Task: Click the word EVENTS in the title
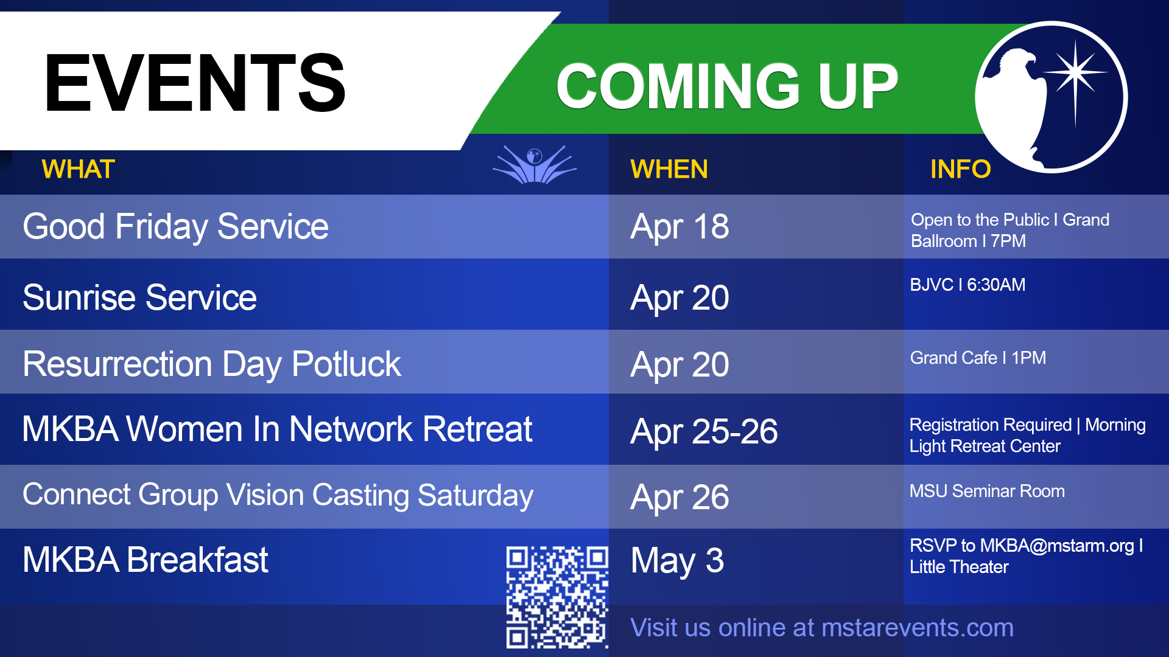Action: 195,83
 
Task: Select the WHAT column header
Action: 78,169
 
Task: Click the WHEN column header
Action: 669,169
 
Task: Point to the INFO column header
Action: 960,169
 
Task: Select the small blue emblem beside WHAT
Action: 534,164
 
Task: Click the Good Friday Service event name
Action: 175,227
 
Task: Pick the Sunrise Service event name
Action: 139,297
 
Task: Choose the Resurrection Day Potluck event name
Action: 211,364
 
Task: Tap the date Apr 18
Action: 679,228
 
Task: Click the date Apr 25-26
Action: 704,432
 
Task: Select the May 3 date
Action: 677,561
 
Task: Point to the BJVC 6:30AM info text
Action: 967,285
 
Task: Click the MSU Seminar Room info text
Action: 987,491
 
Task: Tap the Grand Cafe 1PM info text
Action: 978,358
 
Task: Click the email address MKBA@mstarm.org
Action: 1057,546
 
